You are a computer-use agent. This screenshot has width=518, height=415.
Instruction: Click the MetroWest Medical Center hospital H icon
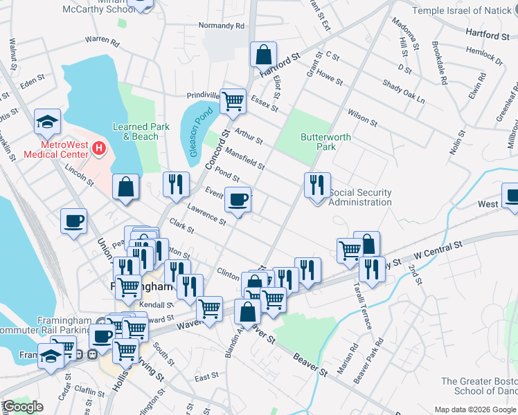(99, 148)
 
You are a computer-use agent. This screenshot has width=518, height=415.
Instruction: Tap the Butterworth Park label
(325, 142)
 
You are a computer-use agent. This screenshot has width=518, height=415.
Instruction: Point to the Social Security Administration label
(360, 197)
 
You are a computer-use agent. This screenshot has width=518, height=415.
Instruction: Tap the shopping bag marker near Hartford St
(263, 54)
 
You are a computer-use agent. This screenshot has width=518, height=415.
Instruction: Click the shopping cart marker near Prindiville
(233, 101)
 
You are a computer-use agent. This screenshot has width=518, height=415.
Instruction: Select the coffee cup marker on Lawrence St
(238, 200)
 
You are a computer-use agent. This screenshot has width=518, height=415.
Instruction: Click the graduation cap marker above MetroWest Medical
(47, 122)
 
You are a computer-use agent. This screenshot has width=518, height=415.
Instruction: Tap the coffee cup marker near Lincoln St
(74, 221)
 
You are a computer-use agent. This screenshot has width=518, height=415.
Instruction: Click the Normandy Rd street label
(222, 26)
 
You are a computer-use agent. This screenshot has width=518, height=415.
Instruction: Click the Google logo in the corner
(22, 406)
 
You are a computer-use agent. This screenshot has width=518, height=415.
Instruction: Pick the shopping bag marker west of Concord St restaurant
(125, 187)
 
